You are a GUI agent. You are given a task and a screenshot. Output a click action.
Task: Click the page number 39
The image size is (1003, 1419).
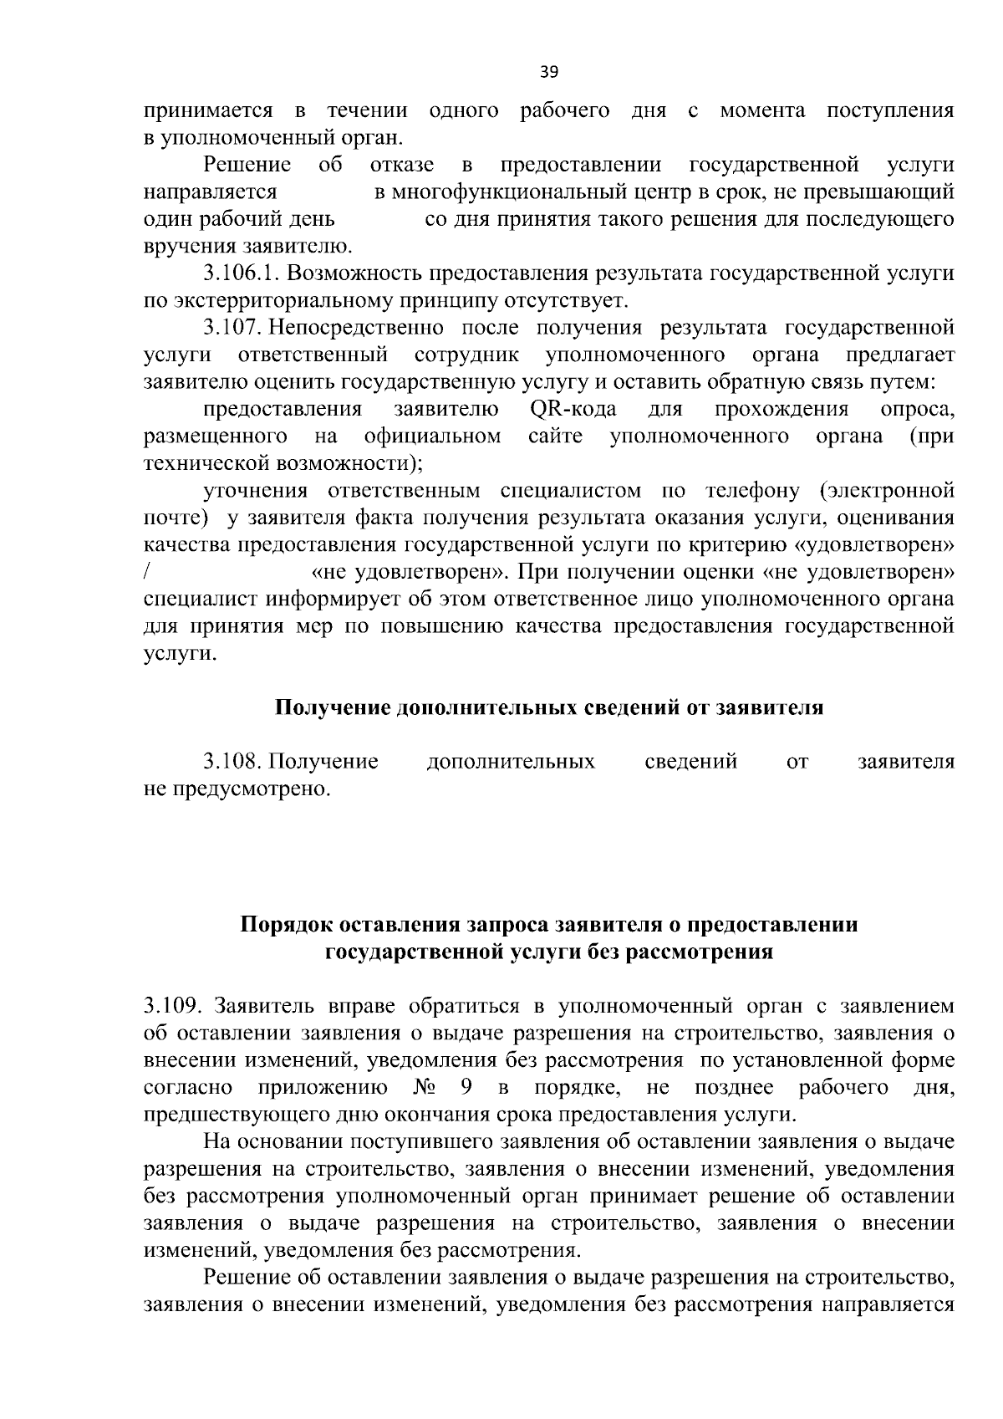pyautogui.click(x=548, y=72)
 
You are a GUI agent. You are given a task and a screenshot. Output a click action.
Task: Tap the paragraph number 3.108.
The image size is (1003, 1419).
pyautogui.click(x=234, y=762)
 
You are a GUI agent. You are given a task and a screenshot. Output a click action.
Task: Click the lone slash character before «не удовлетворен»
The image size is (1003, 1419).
pyautogui.click(x=147, y=574)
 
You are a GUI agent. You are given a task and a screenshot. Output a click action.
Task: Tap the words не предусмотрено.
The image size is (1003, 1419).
pyautogui.click(x=237, y=789)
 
